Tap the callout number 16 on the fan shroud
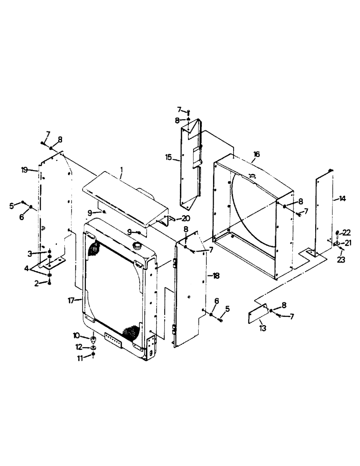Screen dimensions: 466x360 point(256,154)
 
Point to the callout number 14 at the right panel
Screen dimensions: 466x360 point(343,199)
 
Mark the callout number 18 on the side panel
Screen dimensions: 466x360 point(215,276)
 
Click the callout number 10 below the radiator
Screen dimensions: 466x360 point(76,335)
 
